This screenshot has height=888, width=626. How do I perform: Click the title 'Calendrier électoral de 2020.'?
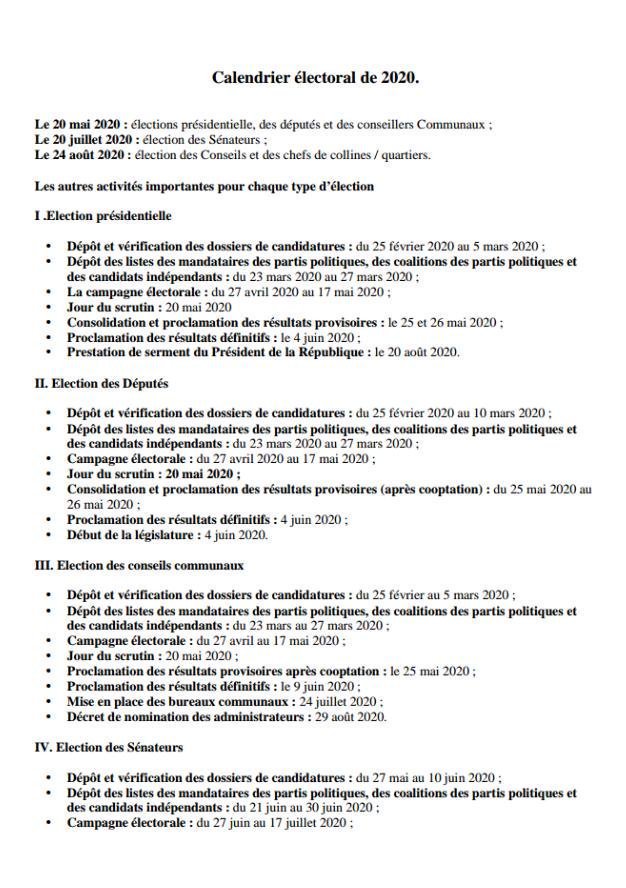coord(315,77)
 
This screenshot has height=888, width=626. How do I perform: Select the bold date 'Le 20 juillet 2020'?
coord(83,140)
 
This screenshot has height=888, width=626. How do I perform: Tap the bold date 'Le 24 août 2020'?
coord(79,155)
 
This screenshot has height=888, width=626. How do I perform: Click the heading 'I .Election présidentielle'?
coord(103,216)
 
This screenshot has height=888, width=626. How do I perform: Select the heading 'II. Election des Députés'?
coord(101,383)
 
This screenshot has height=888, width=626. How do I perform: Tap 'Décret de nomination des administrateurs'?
coord(184,717)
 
